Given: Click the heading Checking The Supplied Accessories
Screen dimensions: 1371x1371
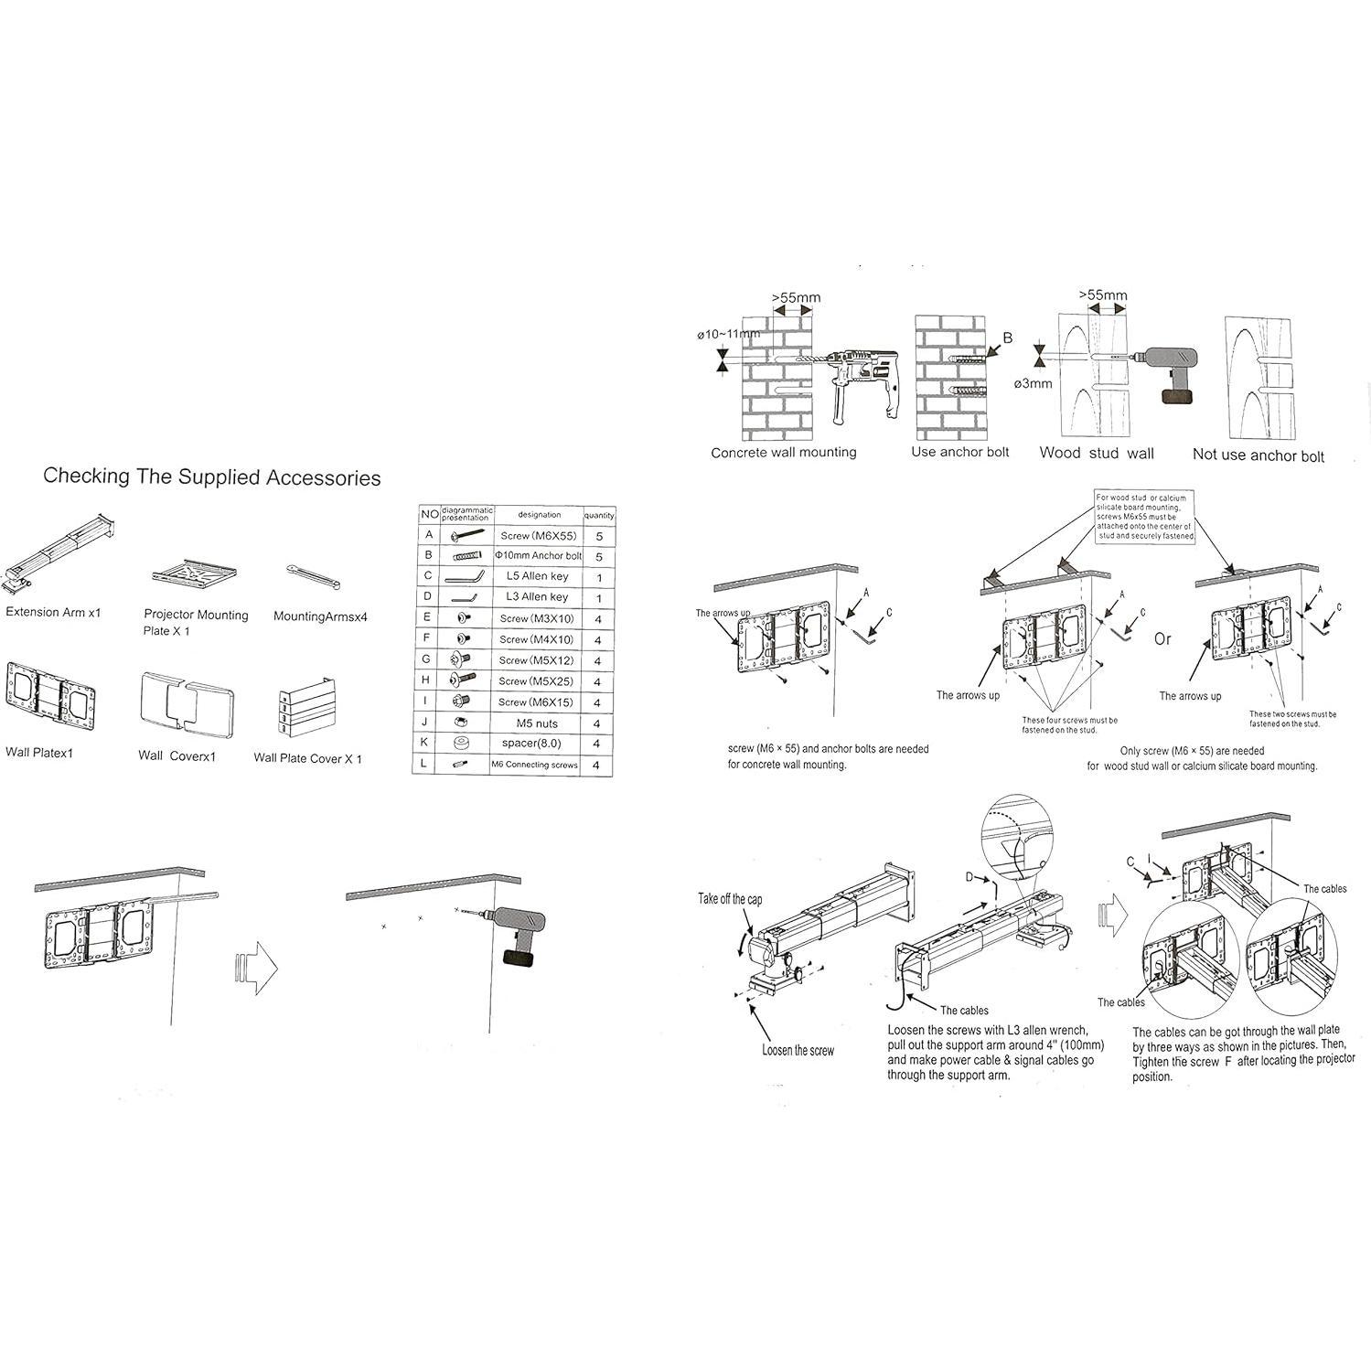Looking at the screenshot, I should click(x=212, y=477).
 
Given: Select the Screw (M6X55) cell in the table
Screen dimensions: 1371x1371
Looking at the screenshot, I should click(x=539, y=536).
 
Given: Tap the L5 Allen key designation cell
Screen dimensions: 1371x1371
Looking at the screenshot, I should click(x=538, y=577).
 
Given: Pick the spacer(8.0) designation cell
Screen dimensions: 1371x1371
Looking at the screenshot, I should click(x=531, y=744).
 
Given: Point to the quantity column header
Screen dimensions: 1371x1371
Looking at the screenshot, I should click(x=599, y=516).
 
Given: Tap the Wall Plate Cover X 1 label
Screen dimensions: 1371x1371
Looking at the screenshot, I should click(x=308, y=759).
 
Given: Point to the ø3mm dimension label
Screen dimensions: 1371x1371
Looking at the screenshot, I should click(x=1034, y=384).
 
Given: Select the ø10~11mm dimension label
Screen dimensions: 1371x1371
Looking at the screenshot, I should click(x=728, y=335).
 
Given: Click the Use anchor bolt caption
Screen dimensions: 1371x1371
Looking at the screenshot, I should click(x=960, y=453).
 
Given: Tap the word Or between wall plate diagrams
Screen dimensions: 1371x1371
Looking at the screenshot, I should click(x=1162, y=639).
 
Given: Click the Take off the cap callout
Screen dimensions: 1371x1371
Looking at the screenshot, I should click(x=730, y=900).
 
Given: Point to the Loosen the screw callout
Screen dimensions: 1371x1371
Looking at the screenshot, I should click(x=798, y=1051).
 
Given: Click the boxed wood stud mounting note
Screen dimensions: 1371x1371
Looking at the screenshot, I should click(x=1144, y=518).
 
